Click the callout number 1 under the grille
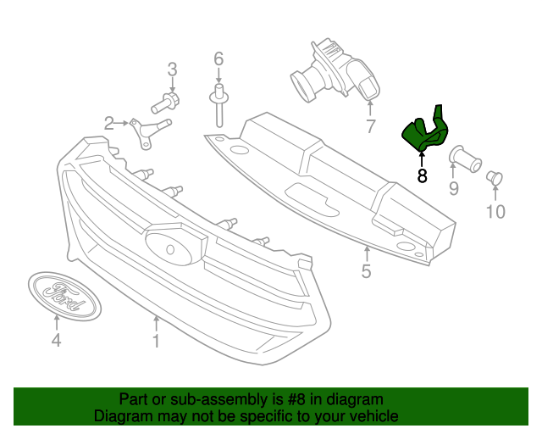tap(156, 342)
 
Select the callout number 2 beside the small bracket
tap(109, 124)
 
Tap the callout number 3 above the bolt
tap(172, 70)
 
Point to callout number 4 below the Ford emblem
tap(56, 342)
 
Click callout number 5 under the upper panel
tap(366, 271)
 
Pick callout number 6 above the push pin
tap(218, 58)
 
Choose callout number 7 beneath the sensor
tap(370, 127)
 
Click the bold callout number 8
tap(422, 175)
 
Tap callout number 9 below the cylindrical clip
tap(453, 188)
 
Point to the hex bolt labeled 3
tap(165, 104)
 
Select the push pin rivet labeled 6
tap(218, 106)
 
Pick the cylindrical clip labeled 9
tap(464, 157)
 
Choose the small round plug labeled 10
tap(495, 177)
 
